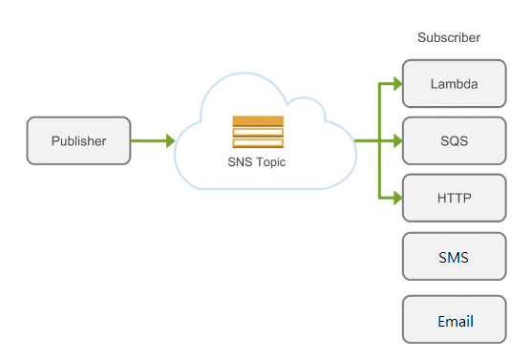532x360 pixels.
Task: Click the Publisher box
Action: tap(79, 140)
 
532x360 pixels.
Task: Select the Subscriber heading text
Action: tap(448, 37)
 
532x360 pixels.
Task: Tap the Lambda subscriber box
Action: tap(454, 84)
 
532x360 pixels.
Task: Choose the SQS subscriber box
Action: tap(454, 141)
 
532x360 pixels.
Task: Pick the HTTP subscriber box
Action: tap(454, 199)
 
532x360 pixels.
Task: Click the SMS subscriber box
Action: tap(454, 257)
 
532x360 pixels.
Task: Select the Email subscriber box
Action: tap(454, 321)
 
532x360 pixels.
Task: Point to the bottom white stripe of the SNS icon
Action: tap(258, 143)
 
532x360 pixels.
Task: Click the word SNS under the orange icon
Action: tap(240, 162)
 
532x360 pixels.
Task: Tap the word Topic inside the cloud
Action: tap(270, 162)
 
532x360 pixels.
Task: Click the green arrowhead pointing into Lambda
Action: tap(396, 84)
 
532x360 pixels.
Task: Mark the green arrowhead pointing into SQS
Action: tap(396, 141)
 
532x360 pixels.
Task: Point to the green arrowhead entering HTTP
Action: tap(396, 199)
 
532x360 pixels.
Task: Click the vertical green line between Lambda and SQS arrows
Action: tap(381, 113)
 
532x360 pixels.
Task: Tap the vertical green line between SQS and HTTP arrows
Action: tap(381, 170)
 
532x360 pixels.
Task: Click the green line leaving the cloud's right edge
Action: tap(367, 141)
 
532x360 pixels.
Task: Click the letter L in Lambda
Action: tap(433, 84)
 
